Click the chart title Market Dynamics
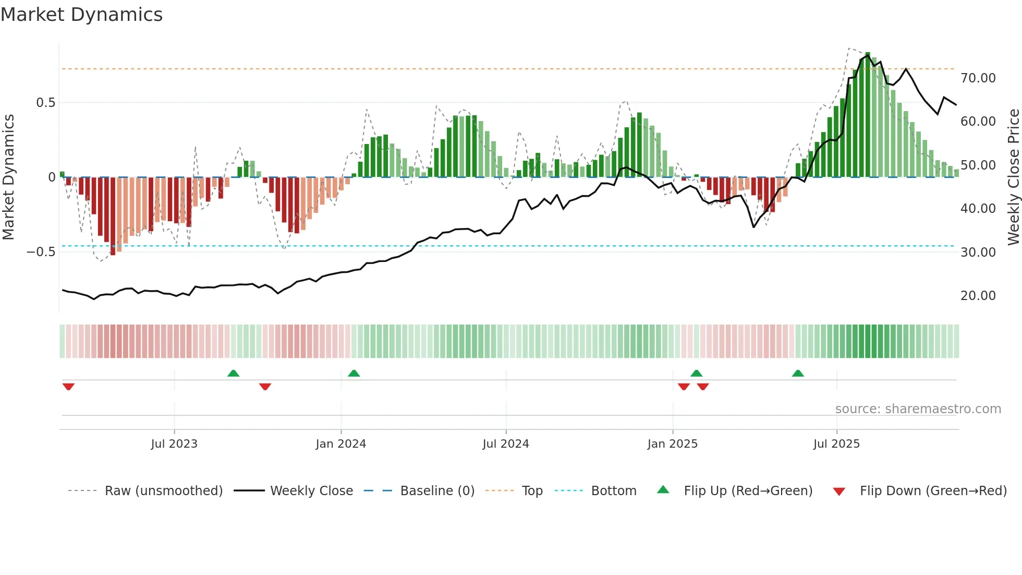coord(81,15)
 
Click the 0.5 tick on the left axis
coord(46,103)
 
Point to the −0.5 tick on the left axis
coord(41,252)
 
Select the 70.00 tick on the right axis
coord(978,78)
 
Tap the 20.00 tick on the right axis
coord(978,296)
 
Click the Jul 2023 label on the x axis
coord(174,444)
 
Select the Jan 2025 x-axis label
coord(672,444)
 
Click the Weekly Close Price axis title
coord(1013,177)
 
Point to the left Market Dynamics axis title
coord(8,177)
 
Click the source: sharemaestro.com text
coord(918,409)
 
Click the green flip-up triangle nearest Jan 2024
coord(354,373)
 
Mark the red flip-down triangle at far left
coord(68,387)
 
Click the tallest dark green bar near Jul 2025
coord(868,115)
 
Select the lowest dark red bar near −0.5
coord(113,216)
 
